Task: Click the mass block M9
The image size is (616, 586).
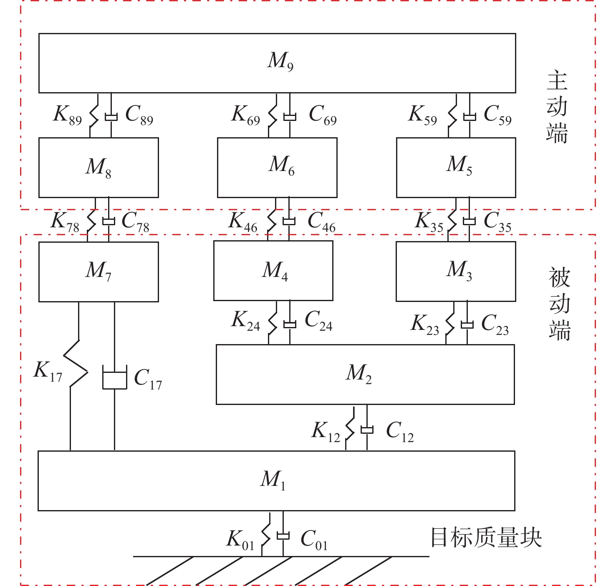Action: [277, 63]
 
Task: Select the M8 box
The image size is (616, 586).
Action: [98, 167]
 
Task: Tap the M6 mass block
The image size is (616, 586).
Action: [277, 167]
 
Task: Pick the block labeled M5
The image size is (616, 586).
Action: [456, 167]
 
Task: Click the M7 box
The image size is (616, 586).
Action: [98, 272]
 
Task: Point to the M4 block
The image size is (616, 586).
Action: [273, 271]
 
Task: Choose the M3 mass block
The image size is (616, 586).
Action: [456, 272]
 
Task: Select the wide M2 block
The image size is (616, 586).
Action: [365, 374]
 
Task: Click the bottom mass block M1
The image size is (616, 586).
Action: [276, 480]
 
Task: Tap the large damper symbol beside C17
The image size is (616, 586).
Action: [115, 377]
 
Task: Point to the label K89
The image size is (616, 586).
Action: [67, 115]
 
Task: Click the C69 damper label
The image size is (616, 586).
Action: [323, 115]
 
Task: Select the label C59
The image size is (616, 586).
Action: [497, 115]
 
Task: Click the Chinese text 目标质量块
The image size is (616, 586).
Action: [486, 538]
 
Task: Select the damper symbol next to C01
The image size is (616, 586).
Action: [283, 536]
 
